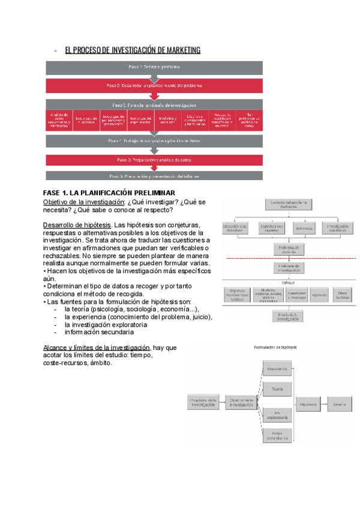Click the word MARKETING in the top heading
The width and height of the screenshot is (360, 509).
(x=178, y=50)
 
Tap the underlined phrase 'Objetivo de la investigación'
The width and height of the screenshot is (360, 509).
(x=83, y=202)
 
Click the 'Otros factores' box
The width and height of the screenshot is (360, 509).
(x=343, y=295)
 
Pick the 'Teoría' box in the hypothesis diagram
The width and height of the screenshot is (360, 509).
(x=277, y=389)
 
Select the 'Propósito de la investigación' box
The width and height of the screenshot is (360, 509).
(x=202, y=403)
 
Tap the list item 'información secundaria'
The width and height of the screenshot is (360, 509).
(x=99, y=332)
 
